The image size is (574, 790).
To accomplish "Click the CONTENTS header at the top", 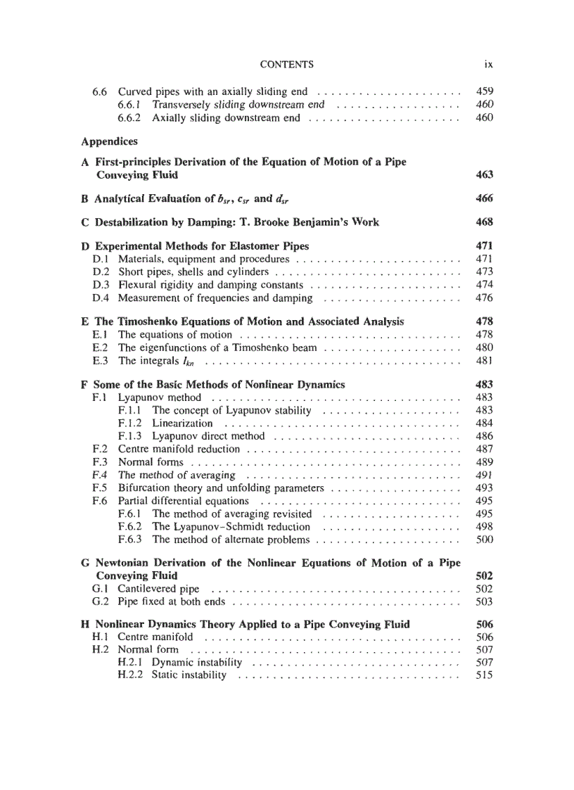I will tap(286, 65).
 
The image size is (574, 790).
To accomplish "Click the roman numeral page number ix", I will tap(488, 65).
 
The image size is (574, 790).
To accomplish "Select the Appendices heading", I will tap(109, 141).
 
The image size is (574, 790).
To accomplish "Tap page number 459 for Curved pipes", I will tap(485, 91).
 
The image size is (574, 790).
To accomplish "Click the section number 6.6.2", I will tap(129, 117).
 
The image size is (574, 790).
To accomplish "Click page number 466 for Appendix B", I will tap(485, 198).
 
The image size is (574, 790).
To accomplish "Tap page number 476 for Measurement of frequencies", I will tap(485, 298).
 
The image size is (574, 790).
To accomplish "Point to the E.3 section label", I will tap(100, 361).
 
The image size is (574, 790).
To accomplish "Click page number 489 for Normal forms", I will tap(485, 462).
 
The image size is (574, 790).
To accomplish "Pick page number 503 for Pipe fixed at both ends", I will tap(485, 601).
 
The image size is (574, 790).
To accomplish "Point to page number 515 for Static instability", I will tap(485, 675).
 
